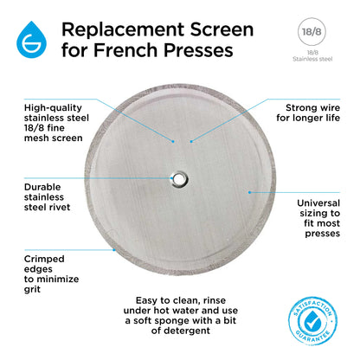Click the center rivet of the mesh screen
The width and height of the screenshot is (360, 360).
(179, 179)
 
